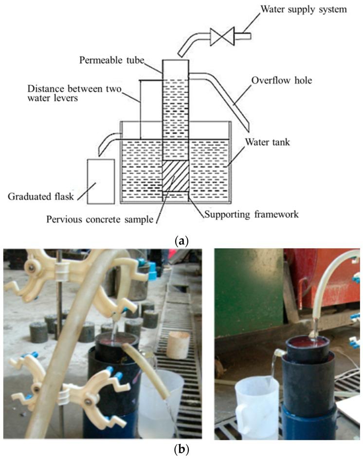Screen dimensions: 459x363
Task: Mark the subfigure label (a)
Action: coord(181,240)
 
